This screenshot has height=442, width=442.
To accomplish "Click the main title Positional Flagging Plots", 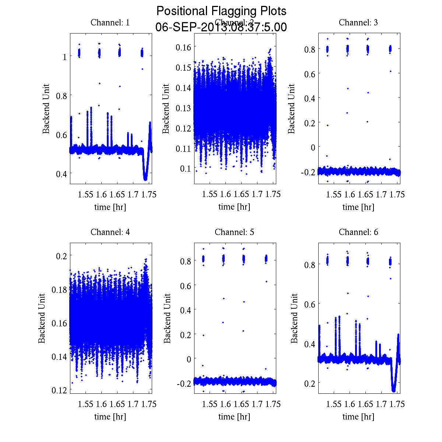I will coord(221,11).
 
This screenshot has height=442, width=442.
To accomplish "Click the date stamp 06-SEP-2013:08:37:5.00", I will coord(221,27).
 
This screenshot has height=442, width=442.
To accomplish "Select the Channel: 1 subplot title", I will coord(110,22).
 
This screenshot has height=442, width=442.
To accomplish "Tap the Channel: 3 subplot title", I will coord(358,22).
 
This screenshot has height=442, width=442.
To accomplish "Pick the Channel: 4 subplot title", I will coord(110,232).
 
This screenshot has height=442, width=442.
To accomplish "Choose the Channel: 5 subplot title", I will coord(234,232).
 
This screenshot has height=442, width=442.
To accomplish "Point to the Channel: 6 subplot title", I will coord(358,232).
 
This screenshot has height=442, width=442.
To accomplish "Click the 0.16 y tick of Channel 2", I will coord(183,47).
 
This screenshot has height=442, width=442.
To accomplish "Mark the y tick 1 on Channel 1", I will coord(64,57).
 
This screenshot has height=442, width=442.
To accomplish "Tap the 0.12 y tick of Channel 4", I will coord(59,390).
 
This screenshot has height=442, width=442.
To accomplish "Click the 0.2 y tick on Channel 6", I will coord(310,383).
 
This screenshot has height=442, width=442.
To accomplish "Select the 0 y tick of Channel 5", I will coord(189,359).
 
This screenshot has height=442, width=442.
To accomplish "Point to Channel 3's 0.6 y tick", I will coord(310,74).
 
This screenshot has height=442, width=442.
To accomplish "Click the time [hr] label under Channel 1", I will coord(110,207).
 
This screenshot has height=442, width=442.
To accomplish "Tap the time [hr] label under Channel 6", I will coord(358,417).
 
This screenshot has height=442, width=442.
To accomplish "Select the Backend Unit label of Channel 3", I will coord(291,109).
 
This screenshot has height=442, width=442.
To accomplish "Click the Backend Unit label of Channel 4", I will coord(42,318).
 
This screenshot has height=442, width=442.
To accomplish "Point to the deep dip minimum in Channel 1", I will coord(145,179).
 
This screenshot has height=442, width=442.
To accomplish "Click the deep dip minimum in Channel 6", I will coord(394,390).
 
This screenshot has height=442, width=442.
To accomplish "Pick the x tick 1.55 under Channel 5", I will coord(210,404).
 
